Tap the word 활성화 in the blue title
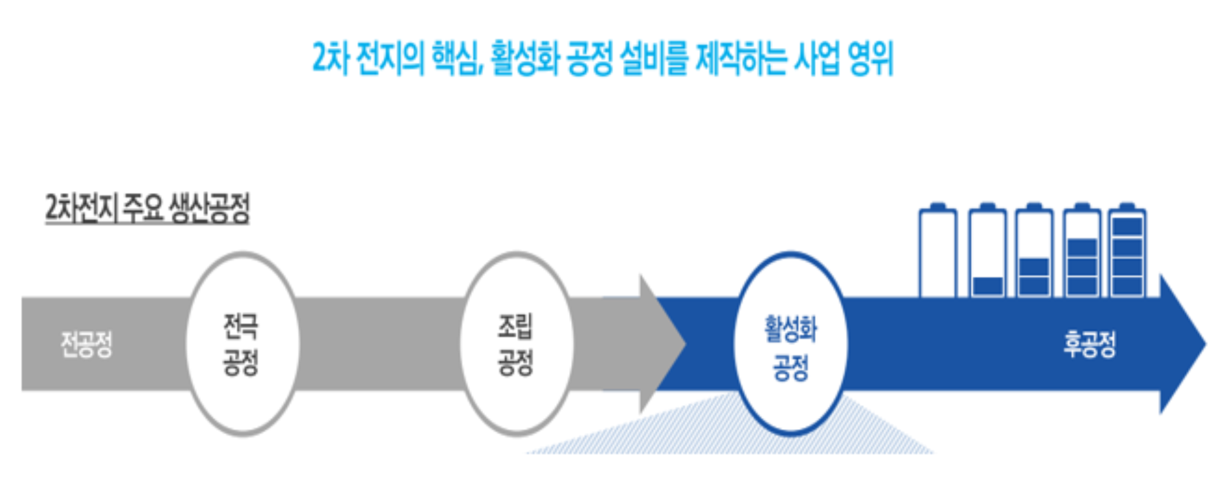pos(524,58)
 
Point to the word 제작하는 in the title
pos(741,58)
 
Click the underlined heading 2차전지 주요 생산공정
pos(147,209)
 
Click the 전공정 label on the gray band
pos(86,344)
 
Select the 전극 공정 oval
pos(242,344)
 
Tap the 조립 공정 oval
pos(516,344)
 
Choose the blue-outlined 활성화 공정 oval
pos(791,344)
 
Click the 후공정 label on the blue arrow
pos(1090,344)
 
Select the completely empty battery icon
pos(937,251)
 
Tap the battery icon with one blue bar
pos(987,251)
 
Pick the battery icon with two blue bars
pos(1034,251)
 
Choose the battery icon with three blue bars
pos(1081,251)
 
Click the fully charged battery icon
pos(1127,251)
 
